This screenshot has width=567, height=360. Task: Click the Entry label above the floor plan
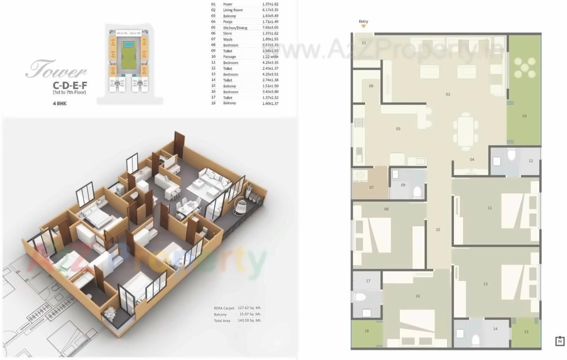point(363,22)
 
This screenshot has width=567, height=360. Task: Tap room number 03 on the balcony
point(524,116)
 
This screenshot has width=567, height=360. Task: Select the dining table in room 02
point(465,131)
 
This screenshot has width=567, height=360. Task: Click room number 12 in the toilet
point(531,161)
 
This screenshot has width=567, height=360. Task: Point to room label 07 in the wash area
point(371,187)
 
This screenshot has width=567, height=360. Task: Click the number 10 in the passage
point(437,230)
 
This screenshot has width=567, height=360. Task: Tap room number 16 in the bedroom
point(417,296)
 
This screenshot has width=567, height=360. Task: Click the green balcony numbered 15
point(526,332)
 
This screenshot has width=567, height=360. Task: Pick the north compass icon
point(560,341)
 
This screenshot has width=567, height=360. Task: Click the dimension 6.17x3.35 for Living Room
point(270,10)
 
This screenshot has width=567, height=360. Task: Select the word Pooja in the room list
point(228,22)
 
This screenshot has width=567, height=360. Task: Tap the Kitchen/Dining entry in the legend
point(235,28)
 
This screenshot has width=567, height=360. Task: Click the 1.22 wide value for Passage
point(270,57)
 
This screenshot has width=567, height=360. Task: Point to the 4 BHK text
point(59,103)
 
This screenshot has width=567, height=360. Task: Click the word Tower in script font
point(56,71)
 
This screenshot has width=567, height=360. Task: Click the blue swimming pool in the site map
point(129,44)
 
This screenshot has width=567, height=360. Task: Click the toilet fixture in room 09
point(417,192)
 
